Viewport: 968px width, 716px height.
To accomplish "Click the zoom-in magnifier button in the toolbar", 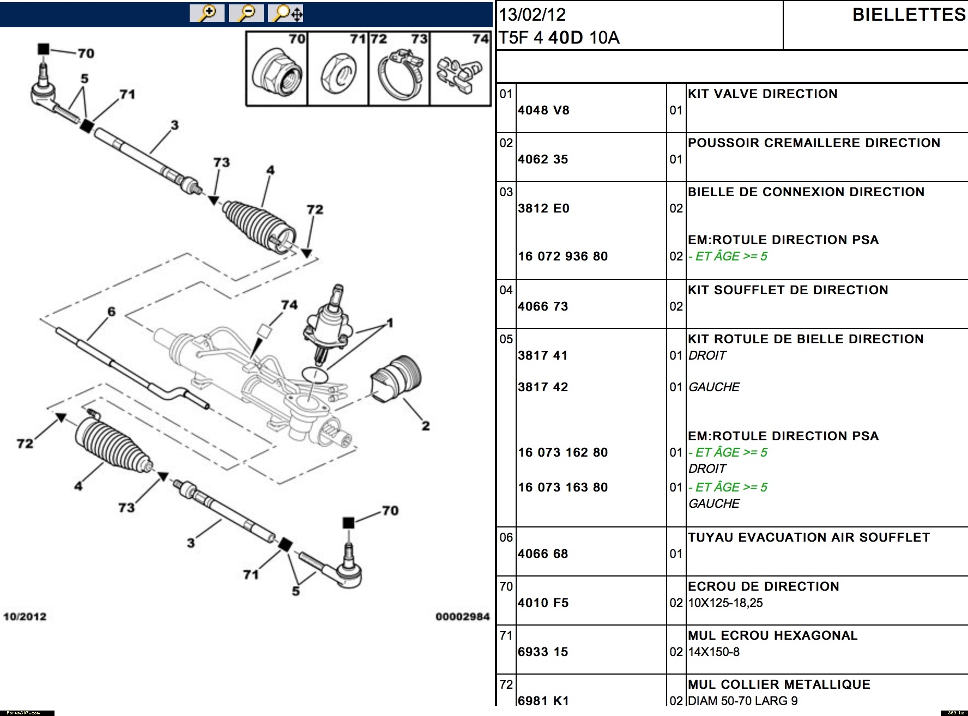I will click(x=207, y=13).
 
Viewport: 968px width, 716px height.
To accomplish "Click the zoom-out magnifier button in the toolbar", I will click(x=246, y=13).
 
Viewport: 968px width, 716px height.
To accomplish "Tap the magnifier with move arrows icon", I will click(x=286, y=13).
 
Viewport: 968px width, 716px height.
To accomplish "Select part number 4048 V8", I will click(x=543, y=110).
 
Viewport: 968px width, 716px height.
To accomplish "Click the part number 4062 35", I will click(x=543, y=159).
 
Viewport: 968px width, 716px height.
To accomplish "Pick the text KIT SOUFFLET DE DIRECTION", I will click(x=788, y=290).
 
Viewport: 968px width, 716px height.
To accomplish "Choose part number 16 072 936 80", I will click(x=562, y=256).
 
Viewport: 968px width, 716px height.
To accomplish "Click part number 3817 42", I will click(x=543, y=387).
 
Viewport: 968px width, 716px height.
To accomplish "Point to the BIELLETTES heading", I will click(x=909, y=15).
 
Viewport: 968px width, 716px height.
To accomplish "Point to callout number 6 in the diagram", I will click(x=111, y=312).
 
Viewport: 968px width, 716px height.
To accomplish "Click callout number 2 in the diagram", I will click(x=425, y=426).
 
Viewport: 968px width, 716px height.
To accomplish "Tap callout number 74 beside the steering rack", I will click(x=289, y=305).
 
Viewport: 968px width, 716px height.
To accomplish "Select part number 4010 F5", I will click(x=543, y=603).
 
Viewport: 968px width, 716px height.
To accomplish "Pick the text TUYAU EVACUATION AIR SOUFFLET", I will click(x=809, y=537).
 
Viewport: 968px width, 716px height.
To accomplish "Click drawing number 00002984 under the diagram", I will click(x=462, y=616).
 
